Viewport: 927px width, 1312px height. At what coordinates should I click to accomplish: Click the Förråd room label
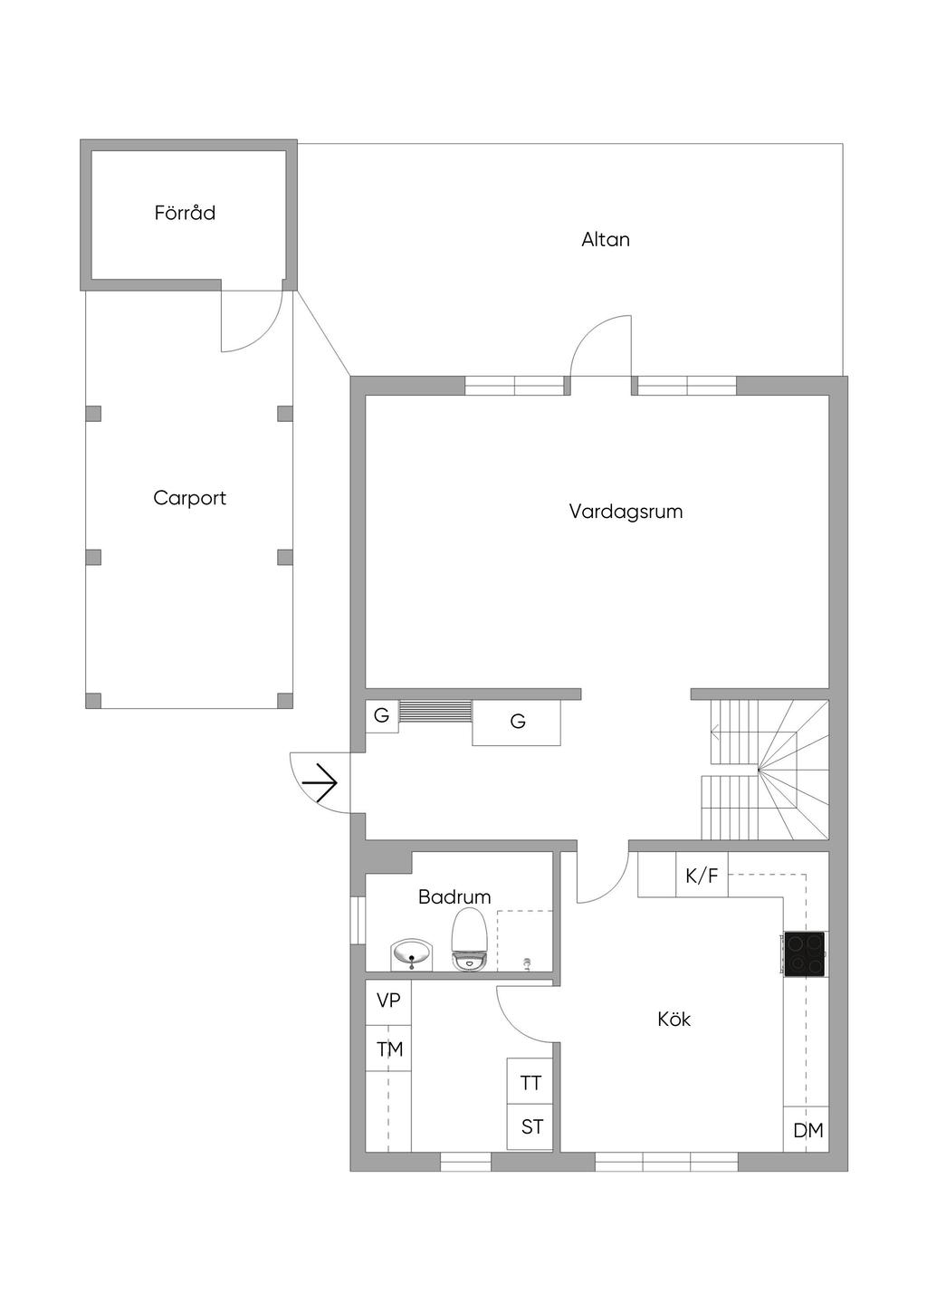[x=185, y=212]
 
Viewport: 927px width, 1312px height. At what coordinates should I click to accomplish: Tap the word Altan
[x=605, y=239]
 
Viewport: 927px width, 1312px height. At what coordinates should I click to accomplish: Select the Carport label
[x=189, y=498]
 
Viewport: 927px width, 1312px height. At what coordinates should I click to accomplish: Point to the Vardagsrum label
[x=626, y=511]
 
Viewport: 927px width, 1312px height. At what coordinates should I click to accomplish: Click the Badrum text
[x=454, y=896]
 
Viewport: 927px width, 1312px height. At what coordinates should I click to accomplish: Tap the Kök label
[x=674, y=1020]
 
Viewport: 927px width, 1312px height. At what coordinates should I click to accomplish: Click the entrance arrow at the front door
[x=320, y=782]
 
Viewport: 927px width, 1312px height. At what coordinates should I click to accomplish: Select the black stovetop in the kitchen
[x=804, y=954]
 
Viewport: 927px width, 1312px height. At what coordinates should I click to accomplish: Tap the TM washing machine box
[x=388, y=1048]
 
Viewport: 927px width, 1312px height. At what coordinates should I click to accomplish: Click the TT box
[x=530, y=1081]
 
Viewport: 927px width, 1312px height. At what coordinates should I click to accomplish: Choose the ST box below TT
[x=530, y=1127]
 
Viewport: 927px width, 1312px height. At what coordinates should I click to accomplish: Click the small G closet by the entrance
[x=382, y=715]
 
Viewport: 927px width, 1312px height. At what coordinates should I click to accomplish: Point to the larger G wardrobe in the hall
[x=517, y=723]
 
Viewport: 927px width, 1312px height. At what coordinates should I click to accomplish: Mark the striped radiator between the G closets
[x=435, y=711]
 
